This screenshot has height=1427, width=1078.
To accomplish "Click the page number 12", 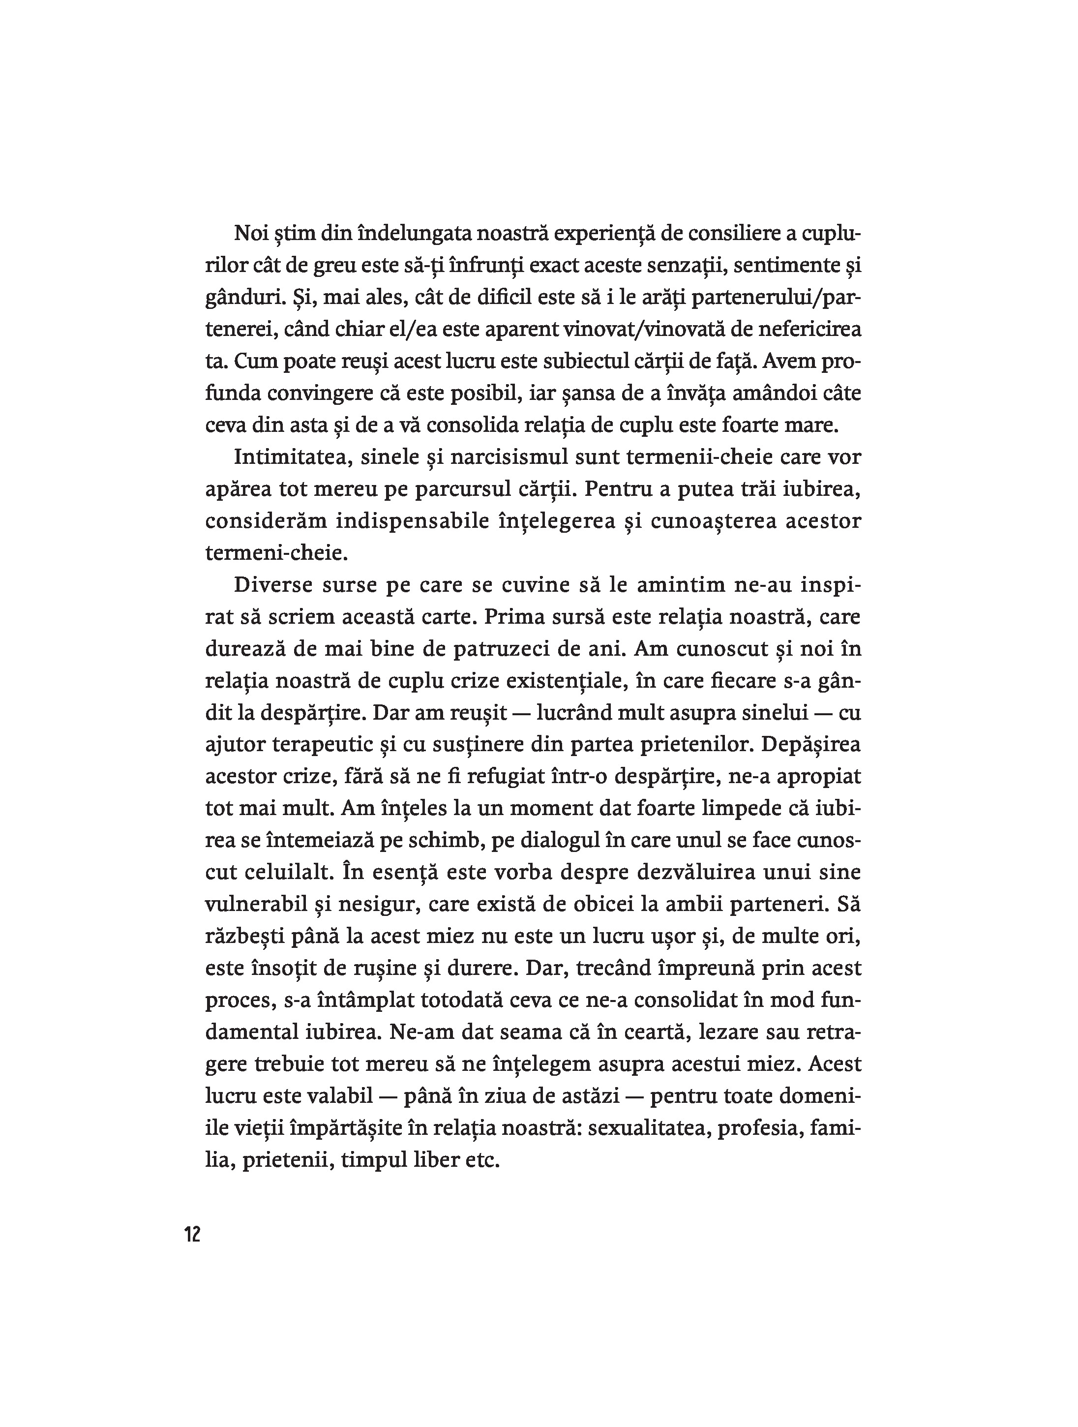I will click(192, 1235).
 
